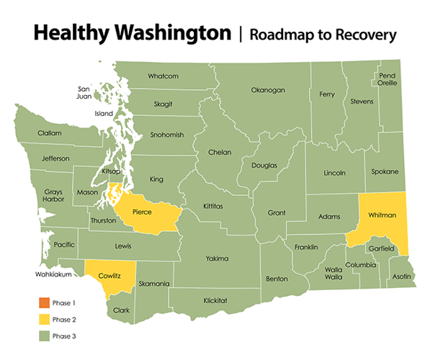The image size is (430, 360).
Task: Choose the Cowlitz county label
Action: point(109,275)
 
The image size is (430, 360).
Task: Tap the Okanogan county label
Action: point(268,90)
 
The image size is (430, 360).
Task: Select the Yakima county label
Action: point(217,258)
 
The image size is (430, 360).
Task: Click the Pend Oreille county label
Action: point(387,78)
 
